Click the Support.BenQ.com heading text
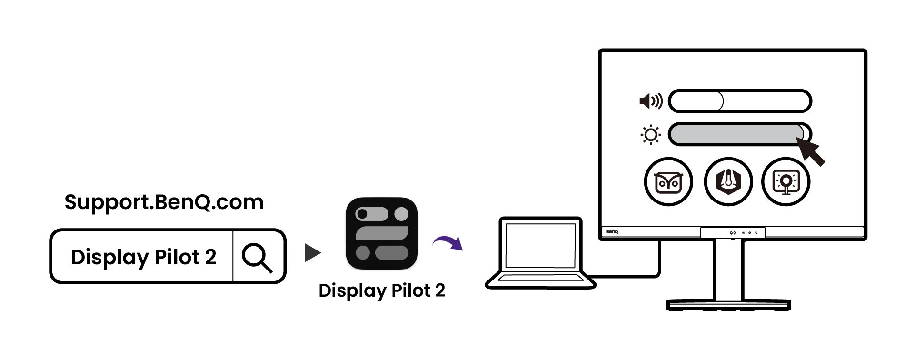[164, 202]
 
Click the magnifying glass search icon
[257, 257]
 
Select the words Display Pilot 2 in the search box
[143, 257]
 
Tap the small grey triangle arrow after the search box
[312, 253]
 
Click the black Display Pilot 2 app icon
[381, 233]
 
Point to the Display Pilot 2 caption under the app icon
[381, 290]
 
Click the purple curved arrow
[448, 242]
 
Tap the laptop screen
[540, 245]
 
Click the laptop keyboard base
[540, 280]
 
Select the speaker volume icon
[650, 101]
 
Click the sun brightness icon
[650, 135]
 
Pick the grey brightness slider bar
[736, 134]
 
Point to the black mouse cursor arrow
[811, 151]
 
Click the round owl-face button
[668, 181]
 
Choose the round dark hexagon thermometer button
[728, 181]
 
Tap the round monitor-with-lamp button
[786, 181]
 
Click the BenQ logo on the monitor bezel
[612, 232]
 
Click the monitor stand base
[728, 305]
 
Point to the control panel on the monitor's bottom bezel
[732, 232]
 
